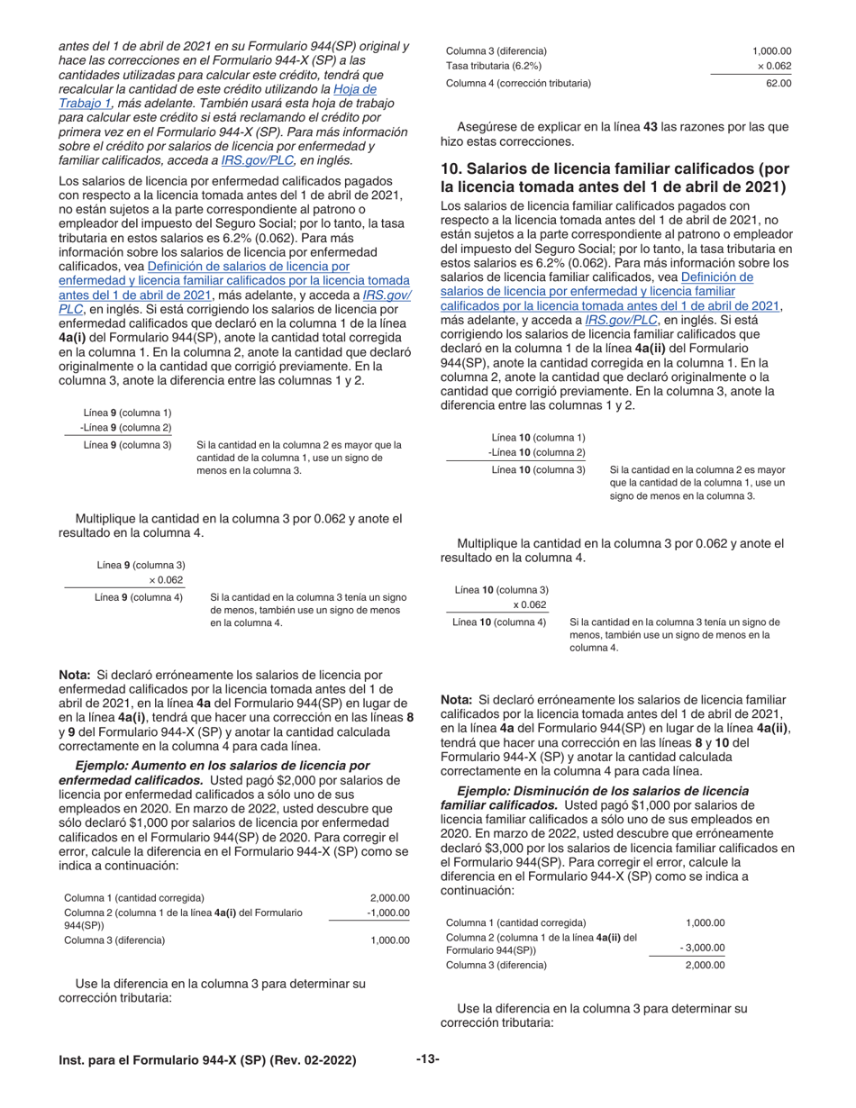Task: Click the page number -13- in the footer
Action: click(427, 1059)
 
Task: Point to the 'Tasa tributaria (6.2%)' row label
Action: click(495, 67)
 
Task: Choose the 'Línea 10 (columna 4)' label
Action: click(499, 622)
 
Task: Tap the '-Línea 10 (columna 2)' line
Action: click(536, 452)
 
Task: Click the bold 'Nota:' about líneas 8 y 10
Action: click(457, 700)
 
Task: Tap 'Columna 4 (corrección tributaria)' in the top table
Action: click(519, 84)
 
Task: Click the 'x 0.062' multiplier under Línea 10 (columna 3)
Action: click(530, 605)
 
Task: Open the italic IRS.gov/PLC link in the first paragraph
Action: click(253, 160)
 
